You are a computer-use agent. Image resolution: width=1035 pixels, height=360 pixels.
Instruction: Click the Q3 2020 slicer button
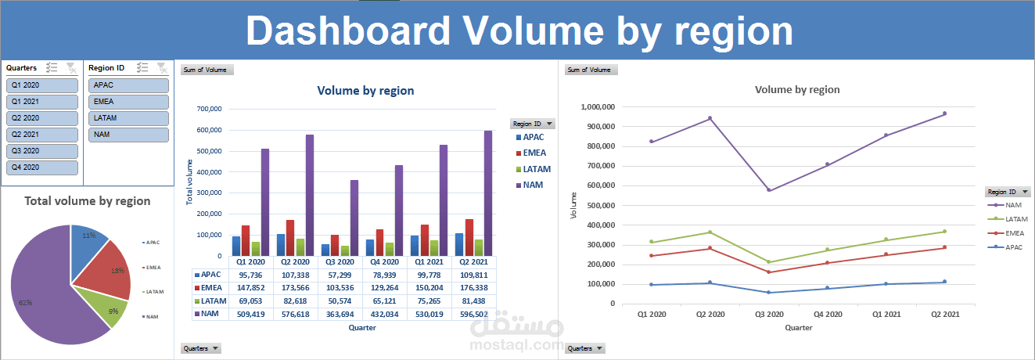click(42, 151)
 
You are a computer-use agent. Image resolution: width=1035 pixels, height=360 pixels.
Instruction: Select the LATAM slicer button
click(128, 118)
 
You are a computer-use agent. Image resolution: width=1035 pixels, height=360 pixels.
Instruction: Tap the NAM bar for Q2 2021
click(488, 196)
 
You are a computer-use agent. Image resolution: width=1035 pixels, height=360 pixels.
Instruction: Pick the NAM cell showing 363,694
click(345, 314)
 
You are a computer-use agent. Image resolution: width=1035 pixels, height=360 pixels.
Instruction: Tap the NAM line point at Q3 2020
click(768, 190)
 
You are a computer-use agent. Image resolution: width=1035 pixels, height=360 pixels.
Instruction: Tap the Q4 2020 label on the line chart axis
click(828, 314)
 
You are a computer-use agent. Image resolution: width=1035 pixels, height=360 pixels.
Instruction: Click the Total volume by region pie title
click(87, 201)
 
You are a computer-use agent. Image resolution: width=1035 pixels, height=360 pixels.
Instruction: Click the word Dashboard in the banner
click(348, 31)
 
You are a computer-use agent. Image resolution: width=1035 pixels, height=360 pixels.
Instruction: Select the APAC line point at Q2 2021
click(944, 282)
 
